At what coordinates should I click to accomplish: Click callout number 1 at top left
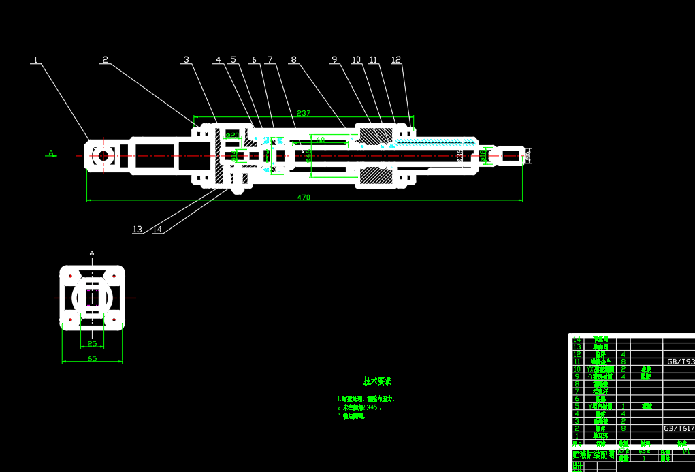35,60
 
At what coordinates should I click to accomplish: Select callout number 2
105,59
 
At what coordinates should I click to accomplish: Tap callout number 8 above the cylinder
293,60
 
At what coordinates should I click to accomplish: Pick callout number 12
396,60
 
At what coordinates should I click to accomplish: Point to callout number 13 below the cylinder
138,230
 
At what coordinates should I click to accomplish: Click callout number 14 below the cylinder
157,230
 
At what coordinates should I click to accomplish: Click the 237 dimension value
304,113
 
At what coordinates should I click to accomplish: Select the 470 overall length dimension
304,198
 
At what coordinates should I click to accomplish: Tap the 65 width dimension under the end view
92,358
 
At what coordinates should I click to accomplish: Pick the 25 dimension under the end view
92,344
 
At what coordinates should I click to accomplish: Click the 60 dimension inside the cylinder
321,139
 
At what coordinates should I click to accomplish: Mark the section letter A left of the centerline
51,153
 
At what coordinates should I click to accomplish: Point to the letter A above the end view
92,253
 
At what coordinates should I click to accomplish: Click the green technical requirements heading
377,381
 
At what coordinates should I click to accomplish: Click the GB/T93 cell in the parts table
680,362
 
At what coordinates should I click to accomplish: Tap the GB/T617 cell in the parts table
679,429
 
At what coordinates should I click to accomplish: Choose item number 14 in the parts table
577,339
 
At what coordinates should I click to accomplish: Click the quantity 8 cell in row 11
624,362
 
